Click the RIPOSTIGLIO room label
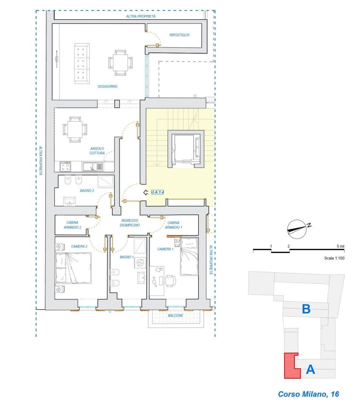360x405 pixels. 180,35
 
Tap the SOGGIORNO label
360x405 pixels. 107,86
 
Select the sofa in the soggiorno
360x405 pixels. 82,63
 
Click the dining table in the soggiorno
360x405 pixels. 120,62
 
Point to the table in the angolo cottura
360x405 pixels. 75,129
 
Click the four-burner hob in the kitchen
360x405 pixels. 65,166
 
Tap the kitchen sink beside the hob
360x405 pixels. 92,167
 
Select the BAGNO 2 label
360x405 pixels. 87,191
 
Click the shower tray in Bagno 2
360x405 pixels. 105,182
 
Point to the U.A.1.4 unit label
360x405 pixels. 157,192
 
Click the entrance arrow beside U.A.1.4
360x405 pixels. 146,192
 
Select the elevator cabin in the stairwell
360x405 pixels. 186,149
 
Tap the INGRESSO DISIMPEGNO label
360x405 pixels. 130,223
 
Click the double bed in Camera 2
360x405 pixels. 74,268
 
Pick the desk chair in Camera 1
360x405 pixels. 170,281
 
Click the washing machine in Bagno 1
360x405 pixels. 140,262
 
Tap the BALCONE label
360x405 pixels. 175,315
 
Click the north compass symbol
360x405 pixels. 298,229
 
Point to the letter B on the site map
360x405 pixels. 306,309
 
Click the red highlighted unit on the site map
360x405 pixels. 292,366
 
